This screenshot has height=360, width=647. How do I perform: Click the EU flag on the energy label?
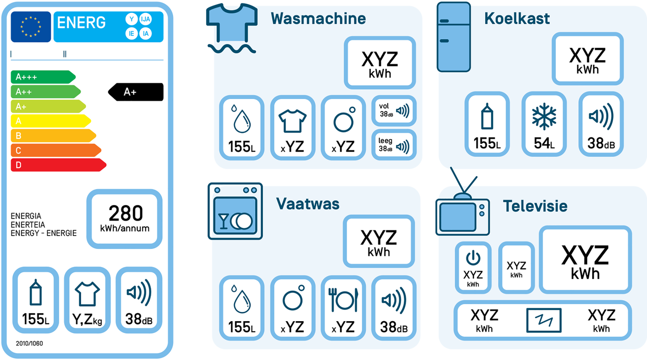[x=31, y=27]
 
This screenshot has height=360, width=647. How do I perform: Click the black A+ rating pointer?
[x=135, y=92]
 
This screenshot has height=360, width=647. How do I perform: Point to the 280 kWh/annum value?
[x=125, y=219]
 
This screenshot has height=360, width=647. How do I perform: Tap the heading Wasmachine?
[x=318, y=18]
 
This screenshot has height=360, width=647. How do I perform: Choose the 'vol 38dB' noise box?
[x=394, y=110]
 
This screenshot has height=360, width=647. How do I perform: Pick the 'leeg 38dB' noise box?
[x=394, y=144]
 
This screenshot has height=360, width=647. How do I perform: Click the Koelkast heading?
[x=517, y=18]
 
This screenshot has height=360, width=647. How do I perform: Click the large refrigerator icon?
[x=453, y=37]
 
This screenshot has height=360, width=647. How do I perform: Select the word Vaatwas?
[x=308, y=204]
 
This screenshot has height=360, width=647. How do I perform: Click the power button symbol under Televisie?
[x=473, y=257]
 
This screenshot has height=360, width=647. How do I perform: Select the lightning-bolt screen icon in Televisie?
[x=543, y=320]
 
